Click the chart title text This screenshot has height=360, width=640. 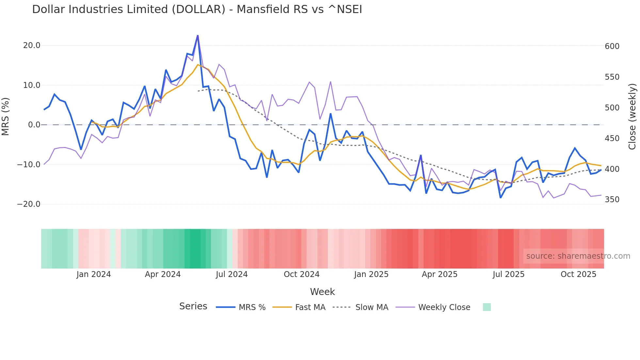pos(197,9)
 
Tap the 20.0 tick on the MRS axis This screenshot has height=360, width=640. pos(32,45)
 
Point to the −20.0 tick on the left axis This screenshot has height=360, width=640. pos(29,204)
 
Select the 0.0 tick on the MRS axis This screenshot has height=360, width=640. pos(34,125)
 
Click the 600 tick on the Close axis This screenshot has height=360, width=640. pos(612,46)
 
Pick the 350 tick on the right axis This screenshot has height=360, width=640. pos(612,200)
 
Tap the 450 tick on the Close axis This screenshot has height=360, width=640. pos(612,139)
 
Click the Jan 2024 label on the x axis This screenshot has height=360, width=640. pos(94,274)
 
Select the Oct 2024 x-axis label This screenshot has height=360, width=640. pos(301,274)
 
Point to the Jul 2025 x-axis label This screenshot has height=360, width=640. pos(508,274)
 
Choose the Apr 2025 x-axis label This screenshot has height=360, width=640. pos(440,274)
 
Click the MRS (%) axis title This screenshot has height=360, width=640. pos(6,116)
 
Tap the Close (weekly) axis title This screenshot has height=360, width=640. pos(632,117)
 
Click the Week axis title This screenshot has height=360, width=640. pos(322,292)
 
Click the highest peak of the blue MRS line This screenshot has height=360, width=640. pos(198,36)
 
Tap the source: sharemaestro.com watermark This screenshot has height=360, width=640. pos(578,256)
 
